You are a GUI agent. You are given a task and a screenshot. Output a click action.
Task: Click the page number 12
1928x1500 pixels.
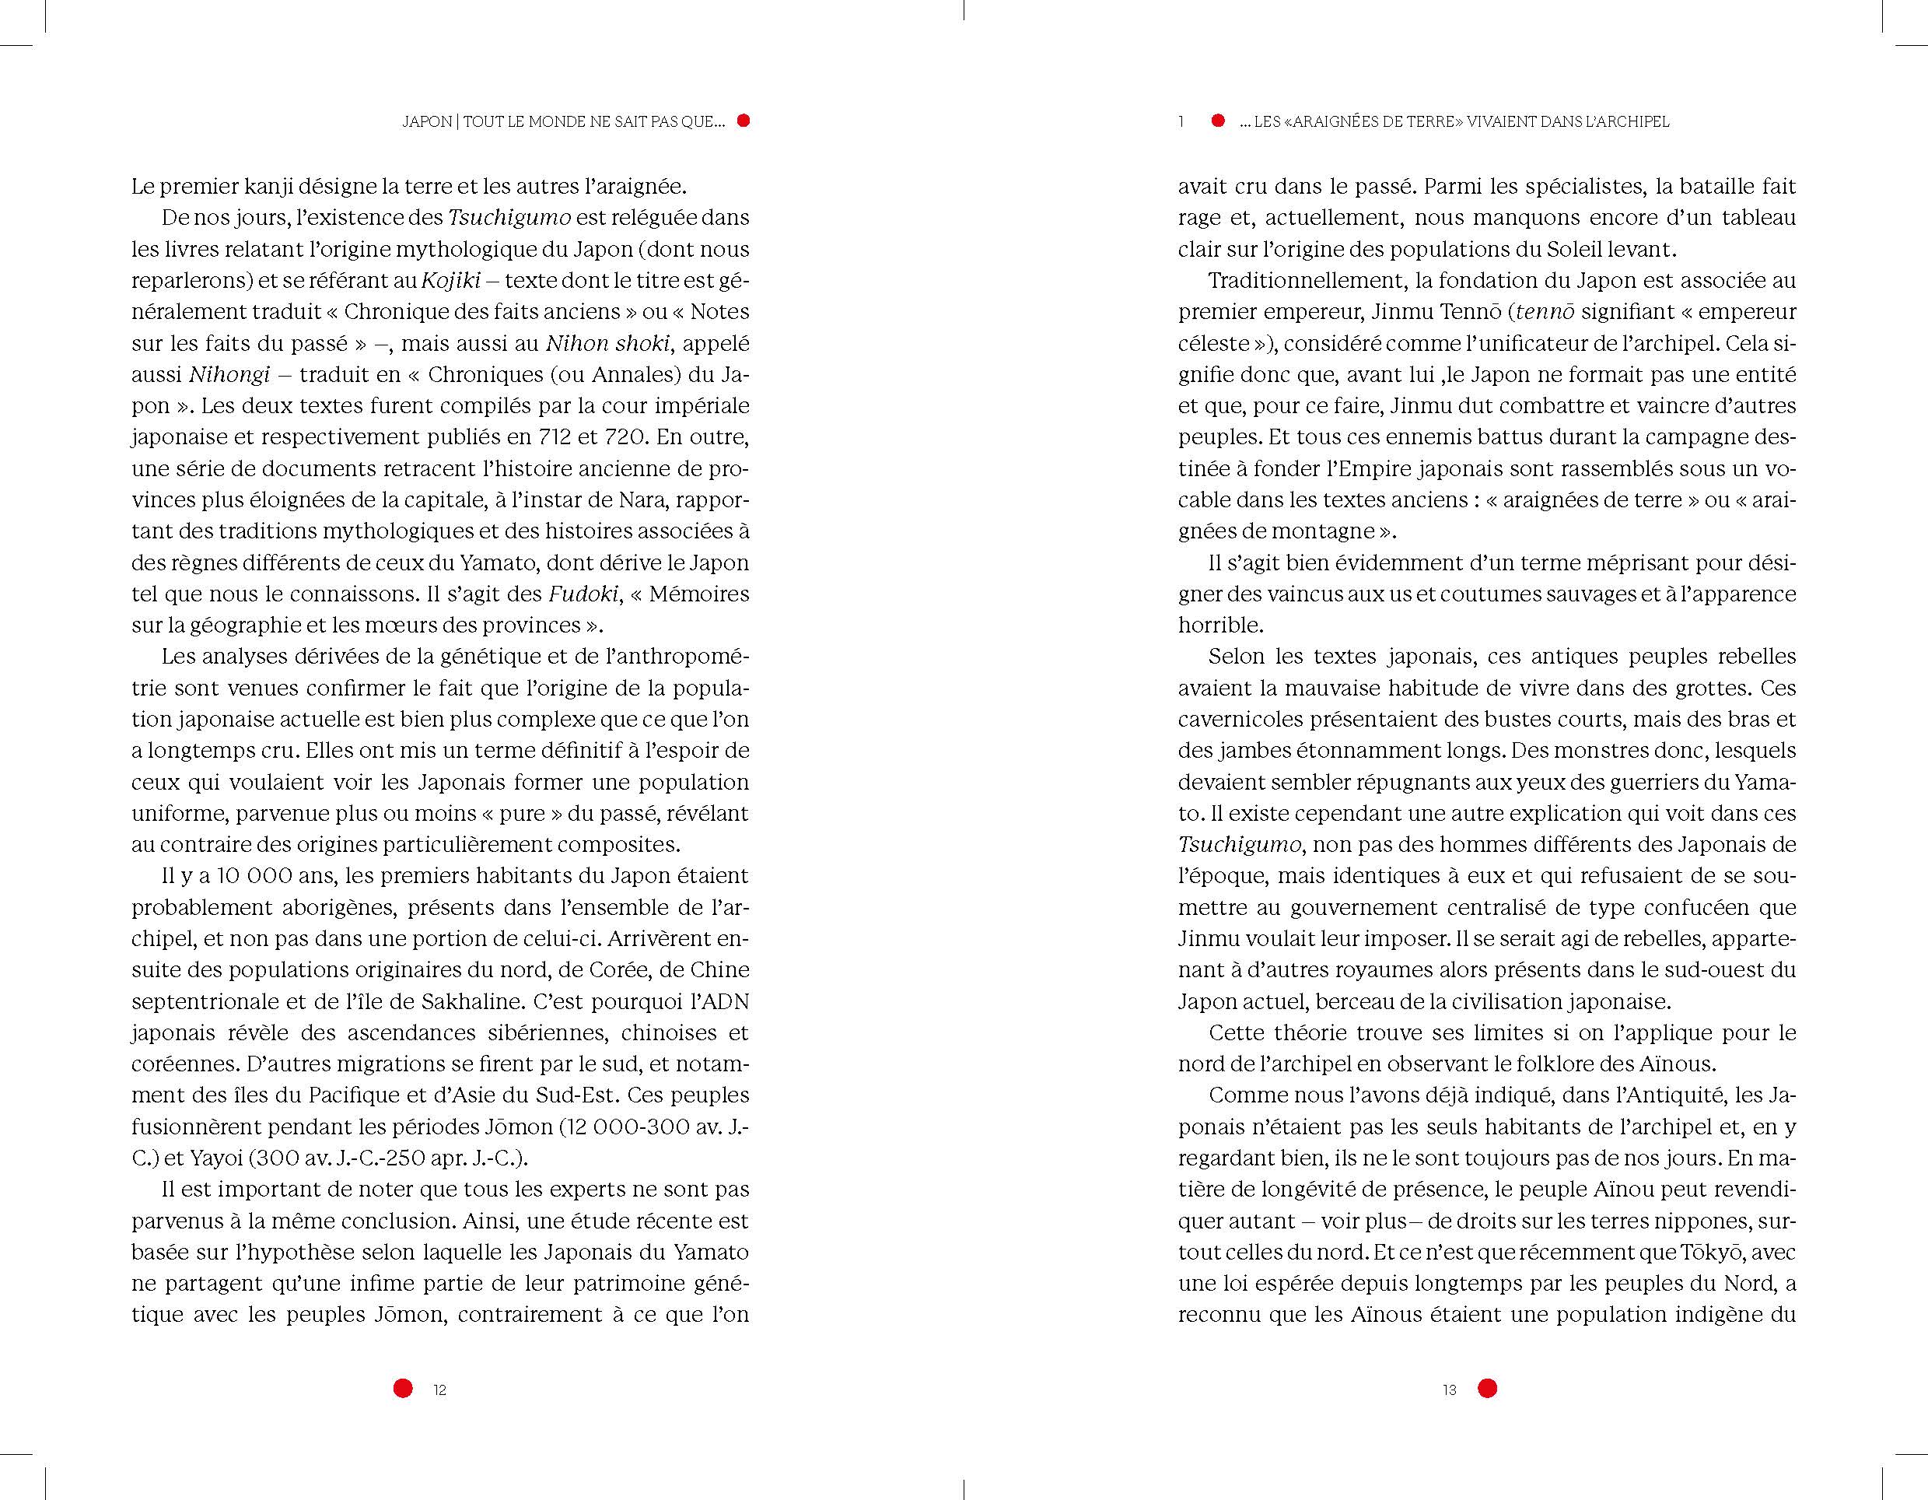tap(439, 1389)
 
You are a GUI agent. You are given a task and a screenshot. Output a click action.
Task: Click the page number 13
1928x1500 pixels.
tap(1449, 1389)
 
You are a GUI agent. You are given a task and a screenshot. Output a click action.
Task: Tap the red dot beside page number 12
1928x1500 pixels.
tap(403, 1388)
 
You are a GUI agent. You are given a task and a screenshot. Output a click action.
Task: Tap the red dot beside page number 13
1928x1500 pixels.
tap(1488, 1388)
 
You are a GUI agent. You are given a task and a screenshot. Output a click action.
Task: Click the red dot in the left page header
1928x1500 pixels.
tap(744, 121)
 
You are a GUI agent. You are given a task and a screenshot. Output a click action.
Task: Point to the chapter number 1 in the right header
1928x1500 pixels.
tap(1181, 122)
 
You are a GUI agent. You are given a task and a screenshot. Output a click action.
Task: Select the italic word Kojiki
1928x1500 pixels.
tap(450, 281)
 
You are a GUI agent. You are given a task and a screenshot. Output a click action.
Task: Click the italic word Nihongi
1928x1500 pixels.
tap(229, 374)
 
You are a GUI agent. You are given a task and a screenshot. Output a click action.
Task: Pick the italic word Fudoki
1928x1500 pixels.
tap(583, 594)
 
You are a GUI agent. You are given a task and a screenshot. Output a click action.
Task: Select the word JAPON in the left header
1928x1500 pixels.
tap(427, 122)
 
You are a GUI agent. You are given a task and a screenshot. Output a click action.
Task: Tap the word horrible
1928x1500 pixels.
tap(1220, 625)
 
